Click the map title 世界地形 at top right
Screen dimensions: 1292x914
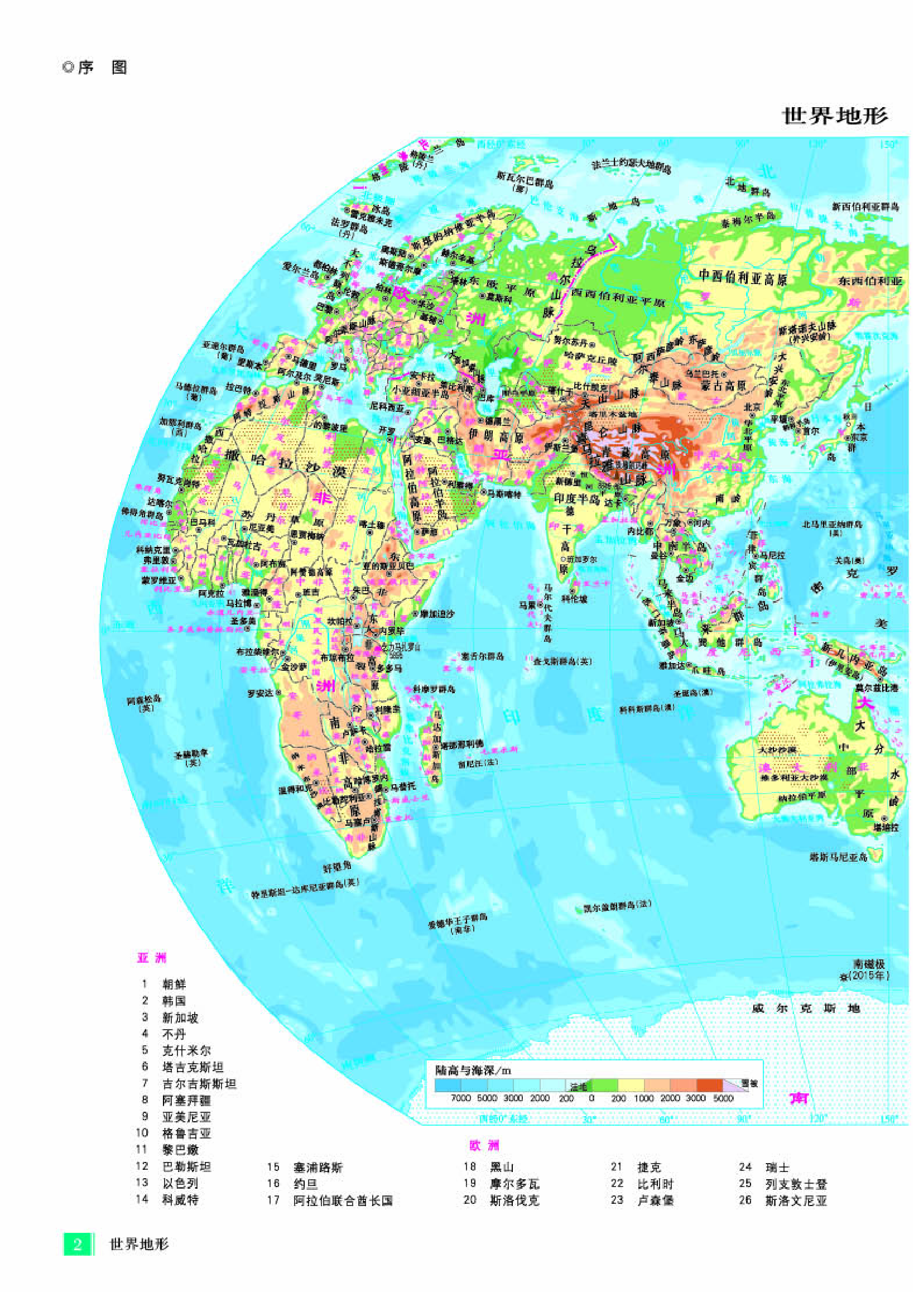point(835,116)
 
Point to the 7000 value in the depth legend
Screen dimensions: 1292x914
point(460,1098)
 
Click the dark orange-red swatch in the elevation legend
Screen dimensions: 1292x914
point(709,1086)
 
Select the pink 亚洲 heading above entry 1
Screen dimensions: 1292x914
point(152,958)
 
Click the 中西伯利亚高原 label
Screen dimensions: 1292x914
point(742,276)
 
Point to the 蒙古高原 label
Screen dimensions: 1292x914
point(724,386)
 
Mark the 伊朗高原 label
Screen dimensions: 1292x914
point(496,435)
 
